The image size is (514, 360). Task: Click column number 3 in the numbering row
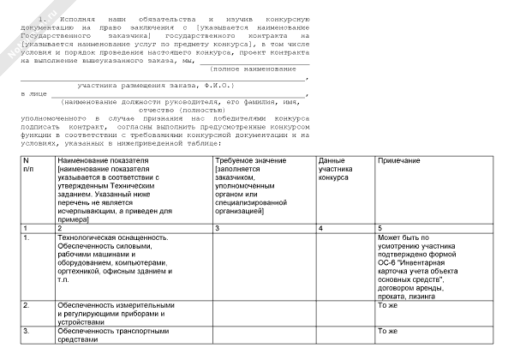point(218,227)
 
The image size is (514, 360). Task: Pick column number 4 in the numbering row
point(320,227)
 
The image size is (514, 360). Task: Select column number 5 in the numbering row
point(380,227)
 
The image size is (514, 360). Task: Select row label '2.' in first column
point(27,304)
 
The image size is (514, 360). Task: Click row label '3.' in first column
point(27,330)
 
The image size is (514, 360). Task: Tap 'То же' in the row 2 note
point(389,304)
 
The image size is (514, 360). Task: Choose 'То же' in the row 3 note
point(389,330)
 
